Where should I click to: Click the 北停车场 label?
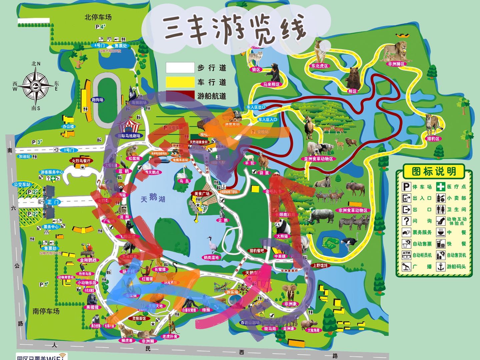(x=98, y=17)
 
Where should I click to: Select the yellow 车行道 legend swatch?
(x=180, y=82)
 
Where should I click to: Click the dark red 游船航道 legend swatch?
(x=180, y=96)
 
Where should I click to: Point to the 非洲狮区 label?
(x=396, y=64)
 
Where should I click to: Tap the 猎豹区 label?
(x=433, y=138)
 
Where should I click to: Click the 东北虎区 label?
(x=320, y=66)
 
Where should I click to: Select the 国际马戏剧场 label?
(x=129, y=136)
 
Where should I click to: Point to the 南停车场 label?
(x=46, y=311)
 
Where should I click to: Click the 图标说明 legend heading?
(x=434, y=172)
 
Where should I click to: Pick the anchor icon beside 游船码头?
(x=441, y=267)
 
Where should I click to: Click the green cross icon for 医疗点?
(x=441, y=186)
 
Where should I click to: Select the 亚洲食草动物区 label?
(x=318, y=159)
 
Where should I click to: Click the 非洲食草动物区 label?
(x=353, y=210)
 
